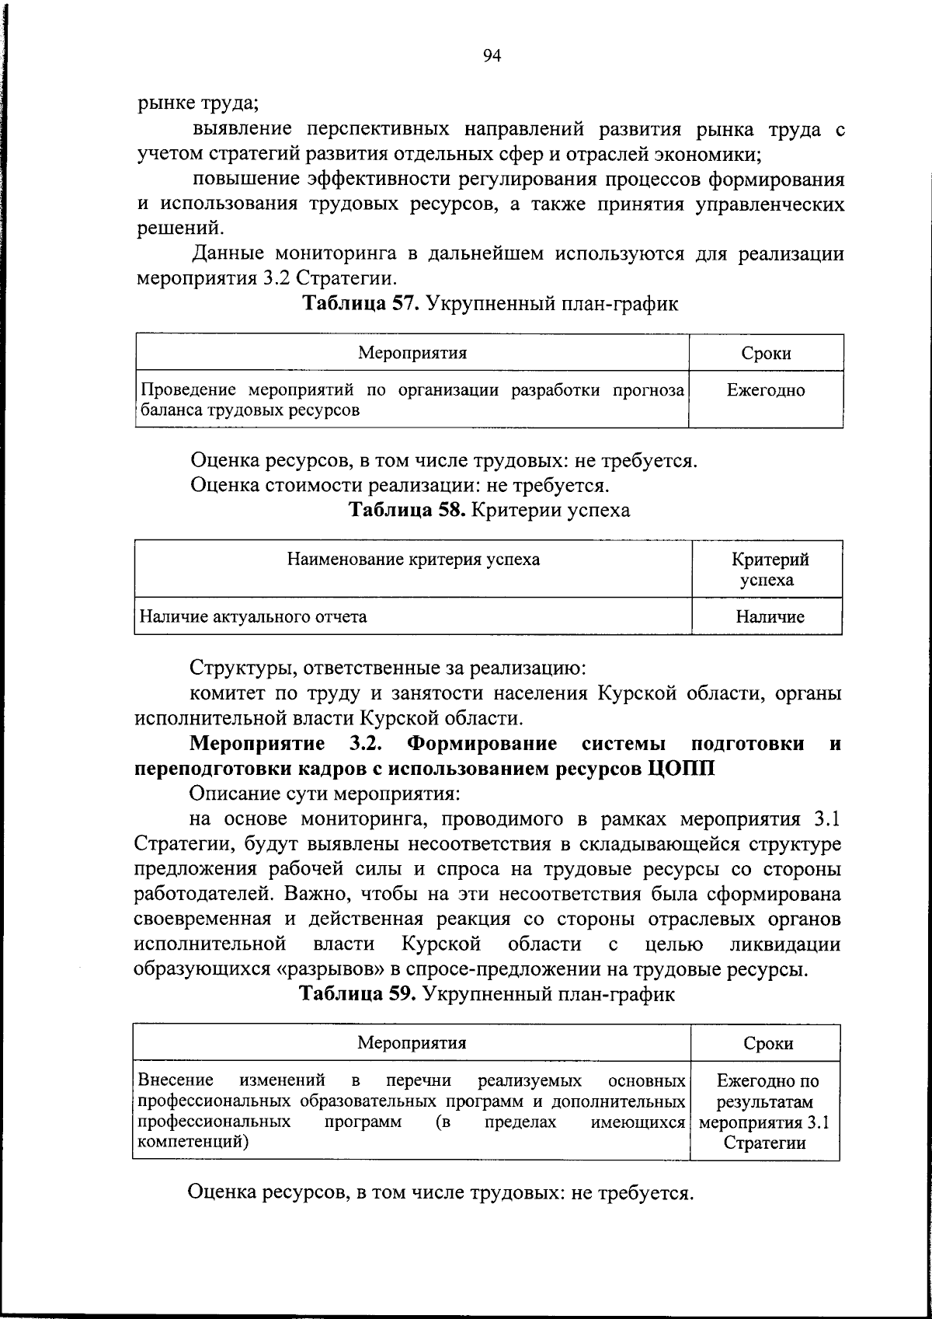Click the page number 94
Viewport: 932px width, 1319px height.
coord(492,54)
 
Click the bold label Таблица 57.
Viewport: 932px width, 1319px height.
coord(361,304)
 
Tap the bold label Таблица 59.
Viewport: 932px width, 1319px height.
coord(360,994)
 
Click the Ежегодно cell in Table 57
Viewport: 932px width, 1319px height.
coord(766,391)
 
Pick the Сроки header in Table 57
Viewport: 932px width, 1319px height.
coord(766,354)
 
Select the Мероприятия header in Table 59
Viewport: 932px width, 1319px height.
coord(412,1043)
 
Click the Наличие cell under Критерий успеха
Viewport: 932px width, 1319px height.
coord(770,617)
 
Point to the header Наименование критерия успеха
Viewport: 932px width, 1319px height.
coord(413,560)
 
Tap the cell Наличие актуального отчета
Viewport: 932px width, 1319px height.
coord(253,617)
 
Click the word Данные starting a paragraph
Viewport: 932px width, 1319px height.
coord(228,253)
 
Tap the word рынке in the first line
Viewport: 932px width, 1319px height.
coord(160,103)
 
